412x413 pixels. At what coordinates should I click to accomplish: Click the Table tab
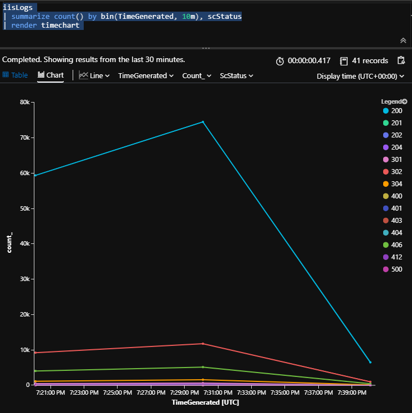point(16,75)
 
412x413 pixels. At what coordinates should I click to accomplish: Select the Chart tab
point(50,75)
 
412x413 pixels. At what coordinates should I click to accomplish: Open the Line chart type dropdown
point(94,75)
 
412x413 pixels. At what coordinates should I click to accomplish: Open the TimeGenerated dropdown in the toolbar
point(146,75)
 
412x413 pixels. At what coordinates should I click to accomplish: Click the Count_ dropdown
point(196,75)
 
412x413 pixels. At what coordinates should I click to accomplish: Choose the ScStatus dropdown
point(236,75)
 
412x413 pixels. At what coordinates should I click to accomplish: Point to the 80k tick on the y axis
point(23,102)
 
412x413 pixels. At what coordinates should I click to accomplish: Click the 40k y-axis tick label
point(23,244)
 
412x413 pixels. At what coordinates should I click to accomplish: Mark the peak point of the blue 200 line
point(203,122)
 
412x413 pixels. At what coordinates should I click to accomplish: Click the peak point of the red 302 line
point(203,344)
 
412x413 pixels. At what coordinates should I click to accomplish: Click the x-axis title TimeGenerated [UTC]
point(203,402)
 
